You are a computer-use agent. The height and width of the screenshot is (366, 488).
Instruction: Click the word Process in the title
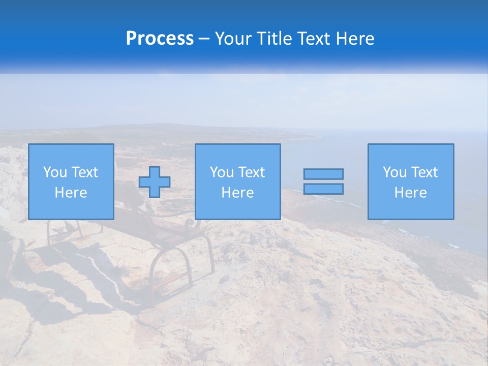pyautogui.click(x=160, y=39)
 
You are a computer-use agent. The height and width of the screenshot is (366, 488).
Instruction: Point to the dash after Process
pyautogui.click(x=204, y=39)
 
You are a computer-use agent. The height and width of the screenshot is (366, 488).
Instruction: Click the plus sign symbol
pyautogui.click(x=155, y=181)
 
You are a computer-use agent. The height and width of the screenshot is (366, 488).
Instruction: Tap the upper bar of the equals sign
pyautogui.click(x=323, y=174)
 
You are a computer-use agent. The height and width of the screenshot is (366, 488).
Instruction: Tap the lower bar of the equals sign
pyautogui.click(x=323, y=189)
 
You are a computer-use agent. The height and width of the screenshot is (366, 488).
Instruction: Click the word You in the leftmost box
pyautogui.click(x=55, y=172)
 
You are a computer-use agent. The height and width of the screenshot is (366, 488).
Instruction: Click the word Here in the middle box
pyautogui.click(x=237, y=193)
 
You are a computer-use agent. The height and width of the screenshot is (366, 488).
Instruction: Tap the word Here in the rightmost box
pyautogui.click(x=410, y=193)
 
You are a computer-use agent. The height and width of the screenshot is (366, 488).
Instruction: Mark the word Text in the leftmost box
pyautogui.click(x=84, y=172)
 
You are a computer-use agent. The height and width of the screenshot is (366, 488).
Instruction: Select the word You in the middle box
pyautogui.click(x=222, y=172)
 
